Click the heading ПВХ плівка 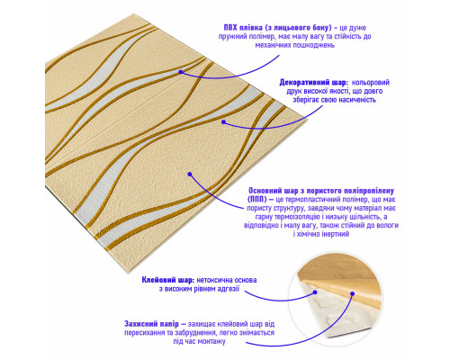click(244, 28)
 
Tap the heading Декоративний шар click(313, 83)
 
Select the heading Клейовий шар click(168, 280)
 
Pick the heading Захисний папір click(151, 324)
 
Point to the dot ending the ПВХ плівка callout click(181, 72)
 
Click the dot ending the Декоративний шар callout click(223, 121)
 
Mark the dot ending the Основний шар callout click(190, 174)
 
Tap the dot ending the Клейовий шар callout click(315, 292)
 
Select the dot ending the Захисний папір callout click(353, 293)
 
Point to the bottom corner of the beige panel click(129, 273)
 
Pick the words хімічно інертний click(321, 234)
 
